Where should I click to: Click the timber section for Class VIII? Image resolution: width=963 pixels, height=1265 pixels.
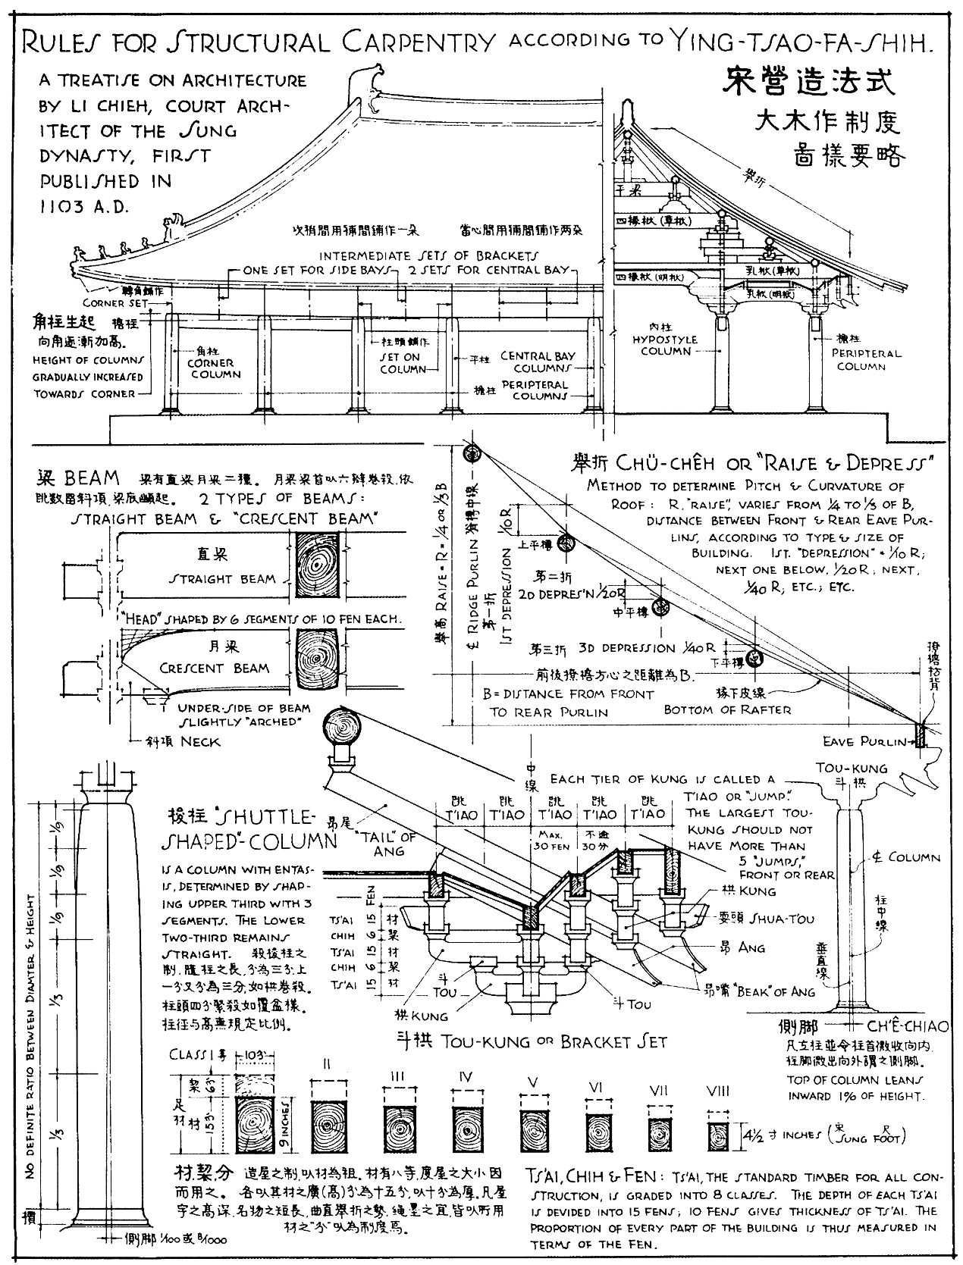tap(717, 1135)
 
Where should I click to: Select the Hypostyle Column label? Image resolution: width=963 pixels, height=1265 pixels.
tap(665, 346)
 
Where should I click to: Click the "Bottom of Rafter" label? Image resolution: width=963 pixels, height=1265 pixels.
tap(726, 710)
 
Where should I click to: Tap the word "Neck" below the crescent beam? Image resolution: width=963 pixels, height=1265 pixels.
tap(201, 742)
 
